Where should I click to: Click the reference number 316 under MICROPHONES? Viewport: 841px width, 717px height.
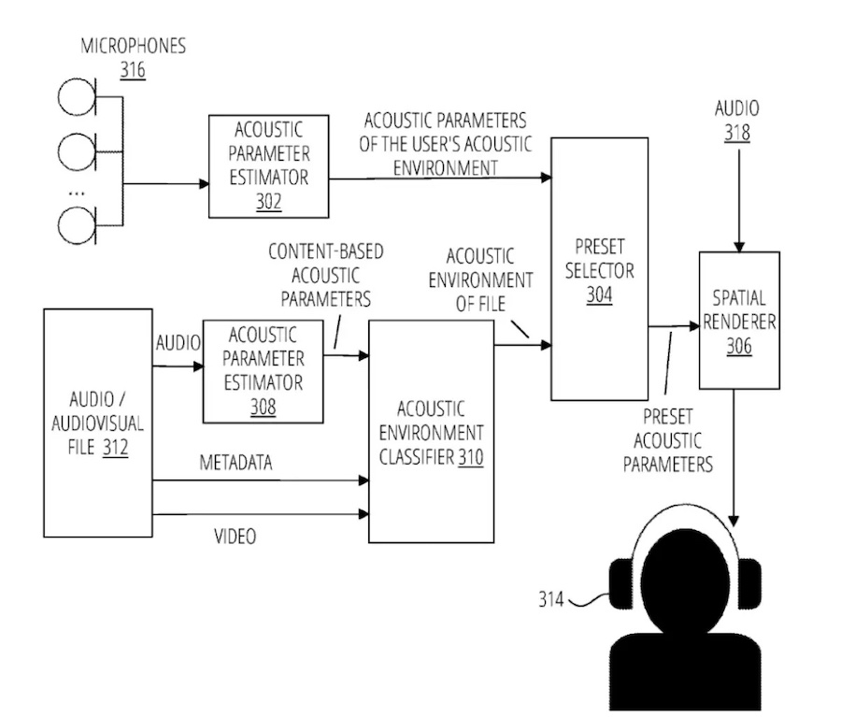coord(132,70)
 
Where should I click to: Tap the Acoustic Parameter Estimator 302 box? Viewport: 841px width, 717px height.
coord(268,165)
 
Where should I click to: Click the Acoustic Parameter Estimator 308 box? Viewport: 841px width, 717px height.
coord(263,371)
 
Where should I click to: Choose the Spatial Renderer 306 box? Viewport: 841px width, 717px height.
coord(739,320)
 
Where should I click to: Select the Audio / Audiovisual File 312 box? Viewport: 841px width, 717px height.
coord(98,423)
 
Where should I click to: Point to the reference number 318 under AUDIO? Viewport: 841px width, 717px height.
coord(736,133)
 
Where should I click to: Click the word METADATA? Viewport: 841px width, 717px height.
coord(235,463)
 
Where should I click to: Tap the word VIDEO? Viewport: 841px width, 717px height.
coord(235,537)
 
